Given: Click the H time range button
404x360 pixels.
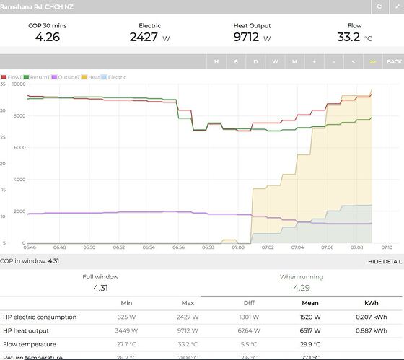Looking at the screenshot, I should tap(216, 61).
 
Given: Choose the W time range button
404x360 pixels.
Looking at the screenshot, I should tap(275, 61).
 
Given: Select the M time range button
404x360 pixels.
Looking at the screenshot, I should tap(294, 61).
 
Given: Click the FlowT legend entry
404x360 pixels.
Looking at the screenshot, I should tap(12, 76).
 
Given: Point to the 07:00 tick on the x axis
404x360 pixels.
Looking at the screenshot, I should tap(238, 247).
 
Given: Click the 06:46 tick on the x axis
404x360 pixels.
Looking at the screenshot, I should tap(30, 247).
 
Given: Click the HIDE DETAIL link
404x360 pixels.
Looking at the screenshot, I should tap(385, 261).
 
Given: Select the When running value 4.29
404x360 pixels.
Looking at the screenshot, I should tap(302, 288).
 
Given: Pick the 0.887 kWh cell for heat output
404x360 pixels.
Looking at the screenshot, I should tap(371, 330).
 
